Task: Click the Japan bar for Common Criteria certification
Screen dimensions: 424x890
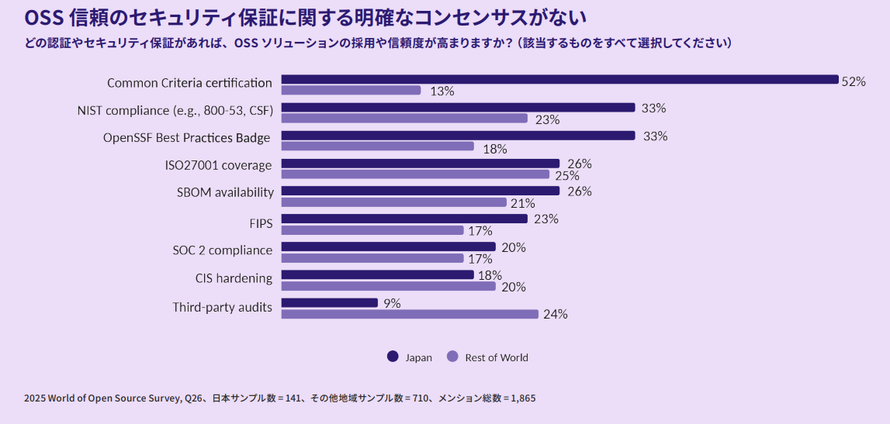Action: click(559, 79)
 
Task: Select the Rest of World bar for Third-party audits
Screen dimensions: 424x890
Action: click(409, 314)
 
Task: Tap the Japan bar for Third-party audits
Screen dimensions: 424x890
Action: click(329, 303)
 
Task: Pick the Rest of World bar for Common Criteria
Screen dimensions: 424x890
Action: click(351, 90)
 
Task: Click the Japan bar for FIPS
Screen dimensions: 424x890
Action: click(403, 219)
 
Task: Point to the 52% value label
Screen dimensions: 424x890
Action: click(854, 81)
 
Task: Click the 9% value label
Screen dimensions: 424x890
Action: click(392, 304)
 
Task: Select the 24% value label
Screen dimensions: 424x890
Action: click(556, 315)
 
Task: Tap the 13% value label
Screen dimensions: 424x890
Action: click(442, 91)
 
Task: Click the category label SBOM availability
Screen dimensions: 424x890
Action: click(225, 192)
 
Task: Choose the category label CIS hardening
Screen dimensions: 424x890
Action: click(234, 278)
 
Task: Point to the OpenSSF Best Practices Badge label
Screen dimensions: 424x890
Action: click(187, 138)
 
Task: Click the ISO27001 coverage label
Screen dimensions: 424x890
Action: click(218, 165)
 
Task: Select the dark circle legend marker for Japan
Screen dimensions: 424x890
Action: click(392, 357)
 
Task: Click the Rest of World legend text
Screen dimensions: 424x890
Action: click(497, 357)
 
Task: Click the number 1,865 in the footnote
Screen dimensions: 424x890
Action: click(520, 398)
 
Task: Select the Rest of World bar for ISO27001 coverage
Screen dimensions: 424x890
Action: click(414, 174)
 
